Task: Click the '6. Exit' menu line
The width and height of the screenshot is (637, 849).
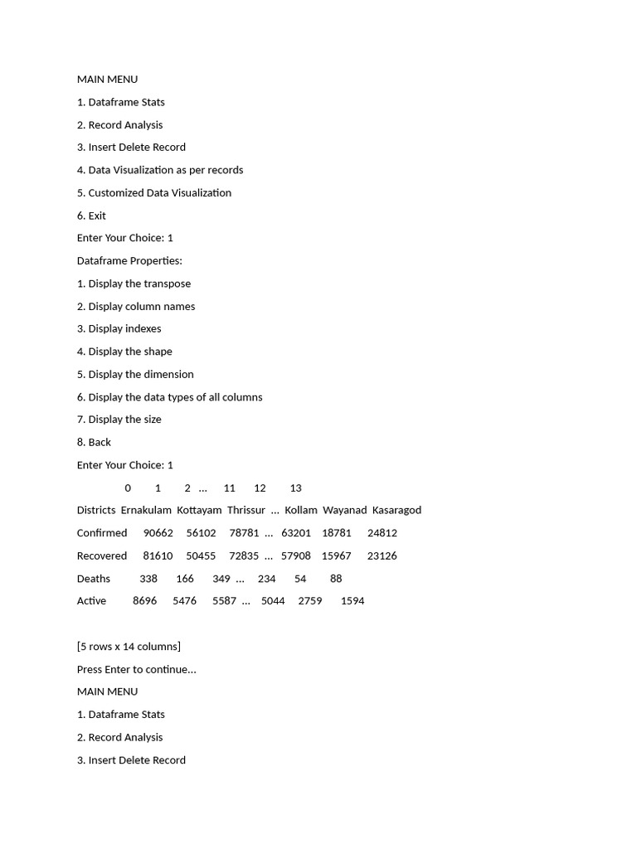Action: pos(91,216)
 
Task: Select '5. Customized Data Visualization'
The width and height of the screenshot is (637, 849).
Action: pos(154,193)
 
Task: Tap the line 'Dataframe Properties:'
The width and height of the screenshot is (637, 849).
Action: pos(129,261)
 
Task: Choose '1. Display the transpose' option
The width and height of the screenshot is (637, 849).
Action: pos(134,284)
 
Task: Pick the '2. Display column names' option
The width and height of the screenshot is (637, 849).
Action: pos(136,307)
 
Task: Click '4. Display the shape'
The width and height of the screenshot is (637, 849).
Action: pos(124,352)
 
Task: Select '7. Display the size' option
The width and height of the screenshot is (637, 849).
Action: pos(119,420)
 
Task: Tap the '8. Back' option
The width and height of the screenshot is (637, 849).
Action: pos(94,443)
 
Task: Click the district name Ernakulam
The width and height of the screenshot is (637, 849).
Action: pos(146,511)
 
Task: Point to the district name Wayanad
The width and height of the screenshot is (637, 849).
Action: pos(344,511)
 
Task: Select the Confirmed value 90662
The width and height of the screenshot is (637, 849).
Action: pos(158,533)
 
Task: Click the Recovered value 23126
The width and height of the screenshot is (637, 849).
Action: pos(382,556)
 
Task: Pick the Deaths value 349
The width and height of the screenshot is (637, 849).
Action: pos(221,579)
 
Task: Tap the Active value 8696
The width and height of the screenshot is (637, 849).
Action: pos(144,601)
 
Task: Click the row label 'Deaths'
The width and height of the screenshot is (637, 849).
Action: pos(94,579)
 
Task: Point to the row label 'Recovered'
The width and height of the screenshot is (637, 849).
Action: pos(102,556)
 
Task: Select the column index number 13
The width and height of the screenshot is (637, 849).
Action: pos(295,488)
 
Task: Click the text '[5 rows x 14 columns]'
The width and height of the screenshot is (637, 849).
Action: pos(129,647)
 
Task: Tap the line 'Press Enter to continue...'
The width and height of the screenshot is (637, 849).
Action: pos(137,670)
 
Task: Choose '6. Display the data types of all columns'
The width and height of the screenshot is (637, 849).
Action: pos(169,397)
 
